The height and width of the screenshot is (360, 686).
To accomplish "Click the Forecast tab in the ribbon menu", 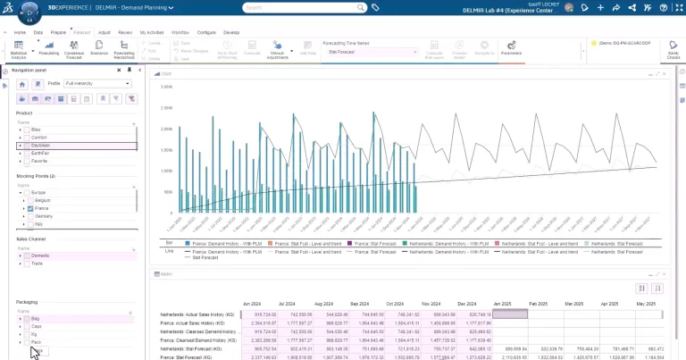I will click(82, 31).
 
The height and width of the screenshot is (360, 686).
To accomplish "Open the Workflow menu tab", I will click(180, 31).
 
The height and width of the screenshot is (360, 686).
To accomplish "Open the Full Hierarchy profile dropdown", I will click(97, 83).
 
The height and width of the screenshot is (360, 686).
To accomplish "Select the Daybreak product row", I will click(44, 146).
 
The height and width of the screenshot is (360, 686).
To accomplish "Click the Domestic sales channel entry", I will click(42, 255).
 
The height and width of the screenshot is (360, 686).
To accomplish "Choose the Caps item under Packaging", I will click(37, 326).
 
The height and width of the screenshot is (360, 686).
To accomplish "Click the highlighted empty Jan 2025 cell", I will click(510, 314).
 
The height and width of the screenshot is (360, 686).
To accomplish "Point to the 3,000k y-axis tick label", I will click(165, 87).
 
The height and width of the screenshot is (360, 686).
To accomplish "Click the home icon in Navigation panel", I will click(22, 83).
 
